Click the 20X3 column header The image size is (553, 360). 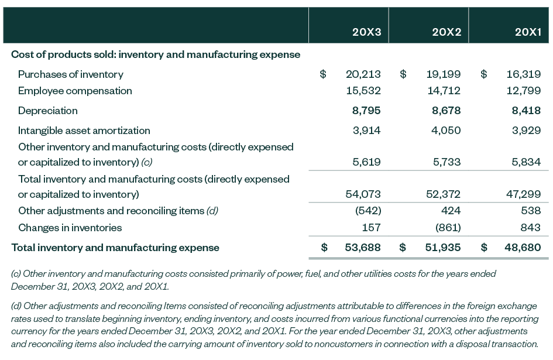(x=366, y=32)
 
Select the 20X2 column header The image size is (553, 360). (x=446, y=32)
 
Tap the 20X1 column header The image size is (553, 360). (x=527, y=32)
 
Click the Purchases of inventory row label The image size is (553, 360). (x=71, y=74)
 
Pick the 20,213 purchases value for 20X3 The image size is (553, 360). (x=363, y=74)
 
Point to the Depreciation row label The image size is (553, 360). (x=47, y=111)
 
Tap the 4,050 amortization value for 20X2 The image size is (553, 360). (x=446, y=131)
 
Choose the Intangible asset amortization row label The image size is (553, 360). (x=84, y=131)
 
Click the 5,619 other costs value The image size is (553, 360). (x=366, y=162)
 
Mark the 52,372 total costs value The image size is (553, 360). (x=443, y=194)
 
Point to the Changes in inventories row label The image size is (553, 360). (x=70, y=228)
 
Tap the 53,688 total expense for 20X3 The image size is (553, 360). (x=363, y=248)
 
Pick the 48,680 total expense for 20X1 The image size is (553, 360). (x=523, y=248)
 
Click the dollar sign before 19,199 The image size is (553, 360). (x=403, y=74)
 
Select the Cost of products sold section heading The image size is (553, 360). (x=156, y=54)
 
